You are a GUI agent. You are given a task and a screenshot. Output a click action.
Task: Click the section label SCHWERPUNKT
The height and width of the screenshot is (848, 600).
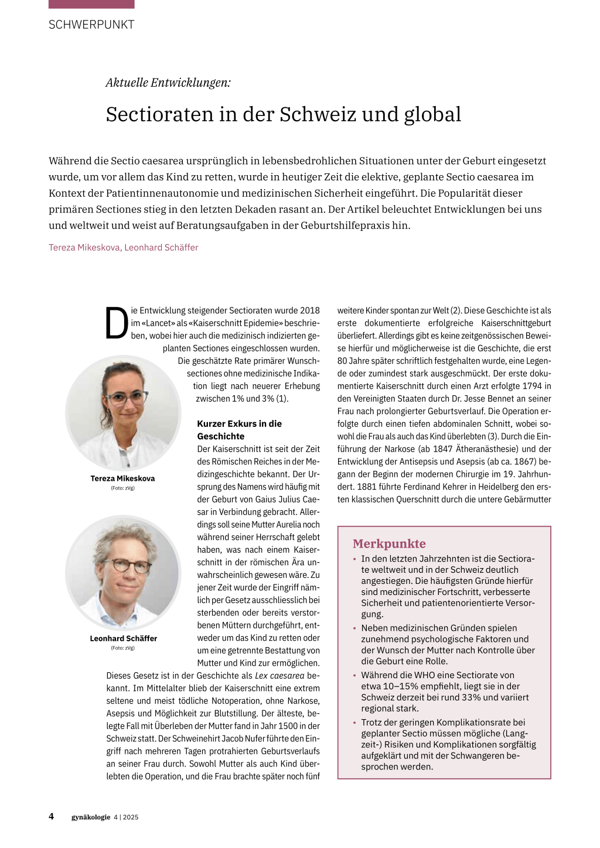pos(91,25)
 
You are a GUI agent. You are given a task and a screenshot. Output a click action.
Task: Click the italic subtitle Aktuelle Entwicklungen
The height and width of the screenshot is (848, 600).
pos(168,83)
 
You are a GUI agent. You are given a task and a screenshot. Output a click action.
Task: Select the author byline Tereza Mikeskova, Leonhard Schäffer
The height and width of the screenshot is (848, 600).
pos(123,248)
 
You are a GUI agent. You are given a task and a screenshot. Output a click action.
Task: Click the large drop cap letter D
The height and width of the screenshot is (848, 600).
pos(117,323)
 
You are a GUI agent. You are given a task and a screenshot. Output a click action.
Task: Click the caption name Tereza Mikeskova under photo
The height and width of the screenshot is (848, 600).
pos(122,478)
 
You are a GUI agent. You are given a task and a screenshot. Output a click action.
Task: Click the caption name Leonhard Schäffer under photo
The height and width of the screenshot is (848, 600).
pos(123,638)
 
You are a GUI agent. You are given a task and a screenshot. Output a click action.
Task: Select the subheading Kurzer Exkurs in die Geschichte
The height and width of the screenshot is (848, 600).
pos(239,430)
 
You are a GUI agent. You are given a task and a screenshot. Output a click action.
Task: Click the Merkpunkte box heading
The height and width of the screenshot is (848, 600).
pos(389,543)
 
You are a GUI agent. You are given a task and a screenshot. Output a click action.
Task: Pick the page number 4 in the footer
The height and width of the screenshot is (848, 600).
pos(52,816)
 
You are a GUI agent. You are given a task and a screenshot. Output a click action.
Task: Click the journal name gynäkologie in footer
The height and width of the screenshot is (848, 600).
pos(91,817)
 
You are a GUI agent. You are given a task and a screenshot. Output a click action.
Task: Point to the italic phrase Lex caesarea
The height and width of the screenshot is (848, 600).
pos(279,676)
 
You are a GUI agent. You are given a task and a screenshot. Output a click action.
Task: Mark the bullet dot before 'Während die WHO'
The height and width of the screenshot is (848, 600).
pos(354,676)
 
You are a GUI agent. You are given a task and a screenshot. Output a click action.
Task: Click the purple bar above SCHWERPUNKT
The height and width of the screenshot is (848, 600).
pos(91,4)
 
